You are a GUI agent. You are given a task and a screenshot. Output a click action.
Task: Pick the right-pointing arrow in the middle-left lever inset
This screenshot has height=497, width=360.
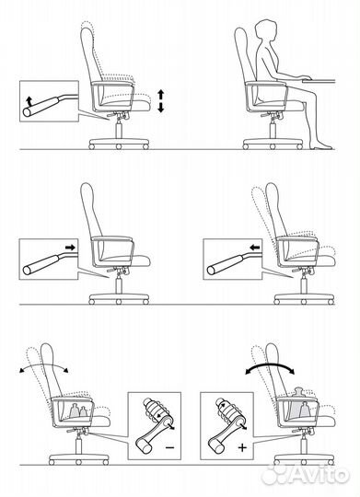click(69, 248)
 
